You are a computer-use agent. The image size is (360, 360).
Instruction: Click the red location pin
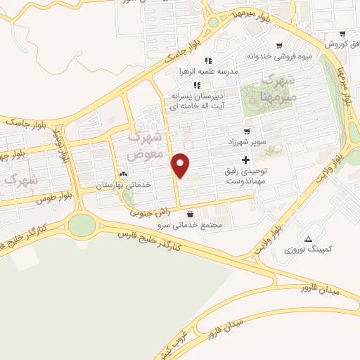(181, 165)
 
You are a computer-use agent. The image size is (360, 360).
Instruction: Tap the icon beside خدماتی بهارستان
(124, 173)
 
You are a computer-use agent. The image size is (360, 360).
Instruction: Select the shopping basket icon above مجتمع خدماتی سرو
(191, 214)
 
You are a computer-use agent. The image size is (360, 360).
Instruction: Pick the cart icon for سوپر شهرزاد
(246, 131)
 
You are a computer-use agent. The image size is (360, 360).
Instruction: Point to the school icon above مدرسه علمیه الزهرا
(208, 60)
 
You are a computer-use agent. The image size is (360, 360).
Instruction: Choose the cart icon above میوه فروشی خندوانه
(279, 44)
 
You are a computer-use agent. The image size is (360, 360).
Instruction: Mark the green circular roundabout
(82, 225)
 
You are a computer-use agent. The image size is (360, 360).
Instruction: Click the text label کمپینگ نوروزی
(309, 249)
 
